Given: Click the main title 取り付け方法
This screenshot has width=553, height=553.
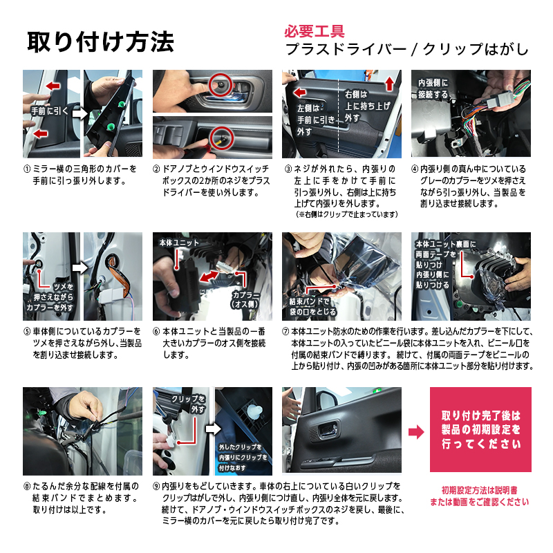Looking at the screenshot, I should (x=100, y=41).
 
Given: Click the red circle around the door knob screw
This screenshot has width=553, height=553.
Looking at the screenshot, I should (x=220, y=84).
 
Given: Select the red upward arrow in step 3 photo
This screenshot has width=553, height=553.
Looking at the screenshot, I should (x=389, y=84).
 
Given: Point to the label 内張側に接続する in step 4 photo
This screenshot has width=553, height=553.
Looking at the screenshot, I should (x=433, y=88).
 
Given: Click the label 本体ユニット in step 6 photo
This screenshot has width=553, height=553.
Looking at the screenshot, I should (x=178, y=243).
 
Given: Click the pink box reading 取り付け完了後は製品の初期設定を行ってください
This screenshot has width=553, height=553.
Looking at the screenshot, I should (x=480, y=429).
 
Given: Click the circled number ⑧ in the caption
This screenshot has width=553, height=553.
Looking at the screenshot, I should (x=27, y=486).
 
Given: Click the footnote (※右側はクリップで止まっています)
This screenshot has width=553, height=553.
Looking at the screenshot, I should (x=346, y=214).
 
